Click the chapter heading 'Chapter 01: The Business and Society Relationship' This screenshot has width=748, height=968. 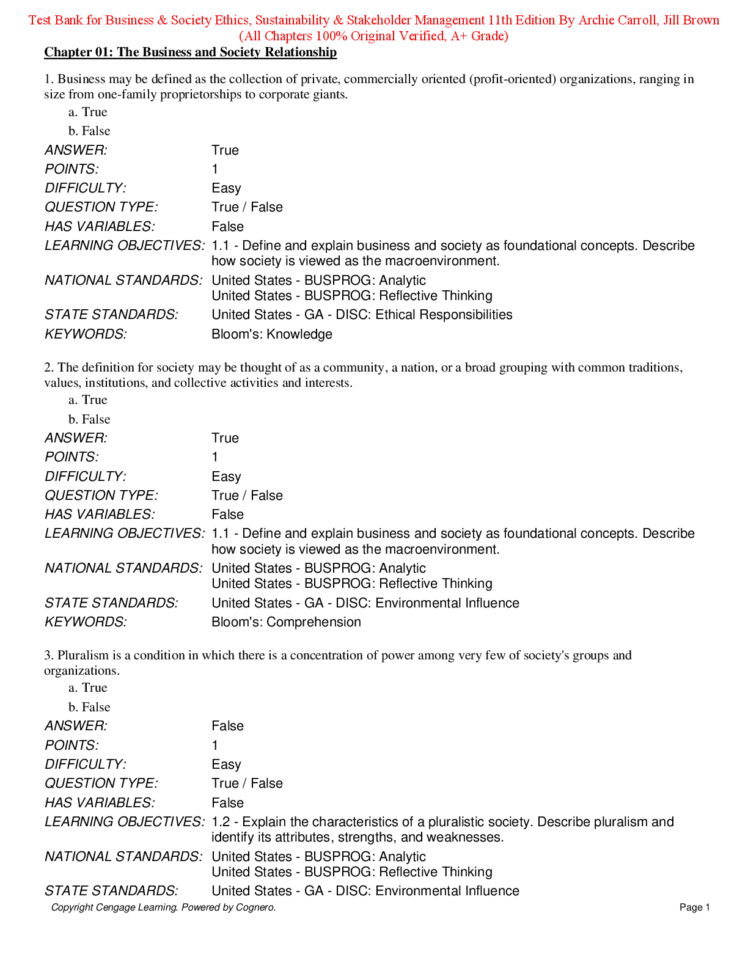coord(190,53)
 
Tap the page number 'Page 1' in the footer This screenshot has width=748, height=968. coord(694,908)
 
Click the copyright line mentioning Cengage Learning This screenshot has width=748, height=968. coord(163,908)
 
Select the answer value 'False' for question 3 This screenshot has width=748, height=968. coord(227,726)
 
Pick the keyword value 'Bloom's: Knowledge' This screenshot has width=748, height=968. coord(272,334)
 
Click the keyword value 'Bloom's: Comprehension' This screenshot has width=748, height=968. coord(286,622)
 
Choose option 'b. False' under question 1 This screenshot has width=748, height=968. coord(89,131)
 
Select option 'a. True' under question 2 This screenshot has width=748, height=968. coord(88,400)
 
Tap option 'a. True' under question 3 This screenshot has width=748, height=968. coord(88,687)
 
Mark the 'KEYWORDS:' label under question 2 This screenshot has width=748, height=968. coord(86,622)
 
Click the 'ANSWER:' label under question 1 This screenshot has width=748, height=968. coord(76,150)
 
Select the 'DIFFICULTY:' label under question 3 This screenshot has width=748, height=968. coord(86,765)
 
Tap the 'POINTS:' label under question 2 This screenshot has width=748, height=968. coord(71,457)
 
